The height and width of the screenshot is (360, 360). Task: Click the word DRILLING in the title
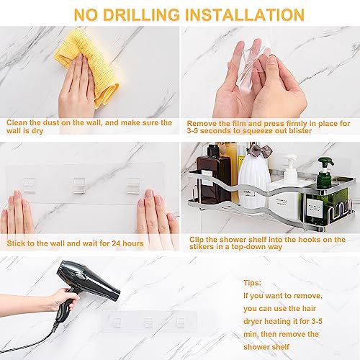click(141, 15)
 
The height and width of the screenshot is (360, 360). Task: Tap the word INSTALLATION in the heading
click(245, 15)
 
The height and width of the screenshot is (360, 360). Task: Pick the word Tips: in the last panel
click(252, 283)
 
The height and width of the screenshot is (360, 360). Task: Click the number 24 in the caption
click(116, 243)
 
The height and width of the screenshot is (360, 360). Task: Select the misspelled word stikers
click(203, 247)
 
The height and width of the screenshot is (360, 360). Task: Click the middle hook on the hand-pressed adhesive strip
click(79, 185)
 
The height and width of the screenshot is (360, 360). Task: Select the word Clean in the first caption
click(17, 122)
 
